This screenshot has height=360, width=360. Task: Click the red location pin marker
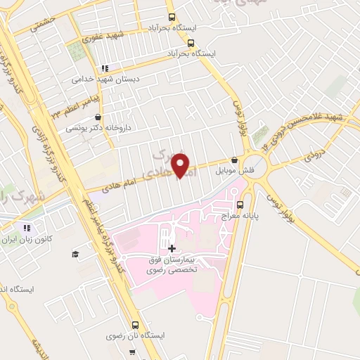coord(181,166)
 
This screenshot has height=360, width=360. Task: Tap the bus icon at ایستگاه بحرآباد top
coord(172,18)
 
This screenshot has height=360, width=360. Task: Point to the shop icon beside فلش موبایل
coord(234,160)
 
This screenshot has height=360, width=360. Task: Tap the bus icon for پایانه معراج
coord(240,205)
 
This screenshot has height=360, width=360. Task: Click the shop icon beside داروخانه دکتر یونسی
coord(97,117)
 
